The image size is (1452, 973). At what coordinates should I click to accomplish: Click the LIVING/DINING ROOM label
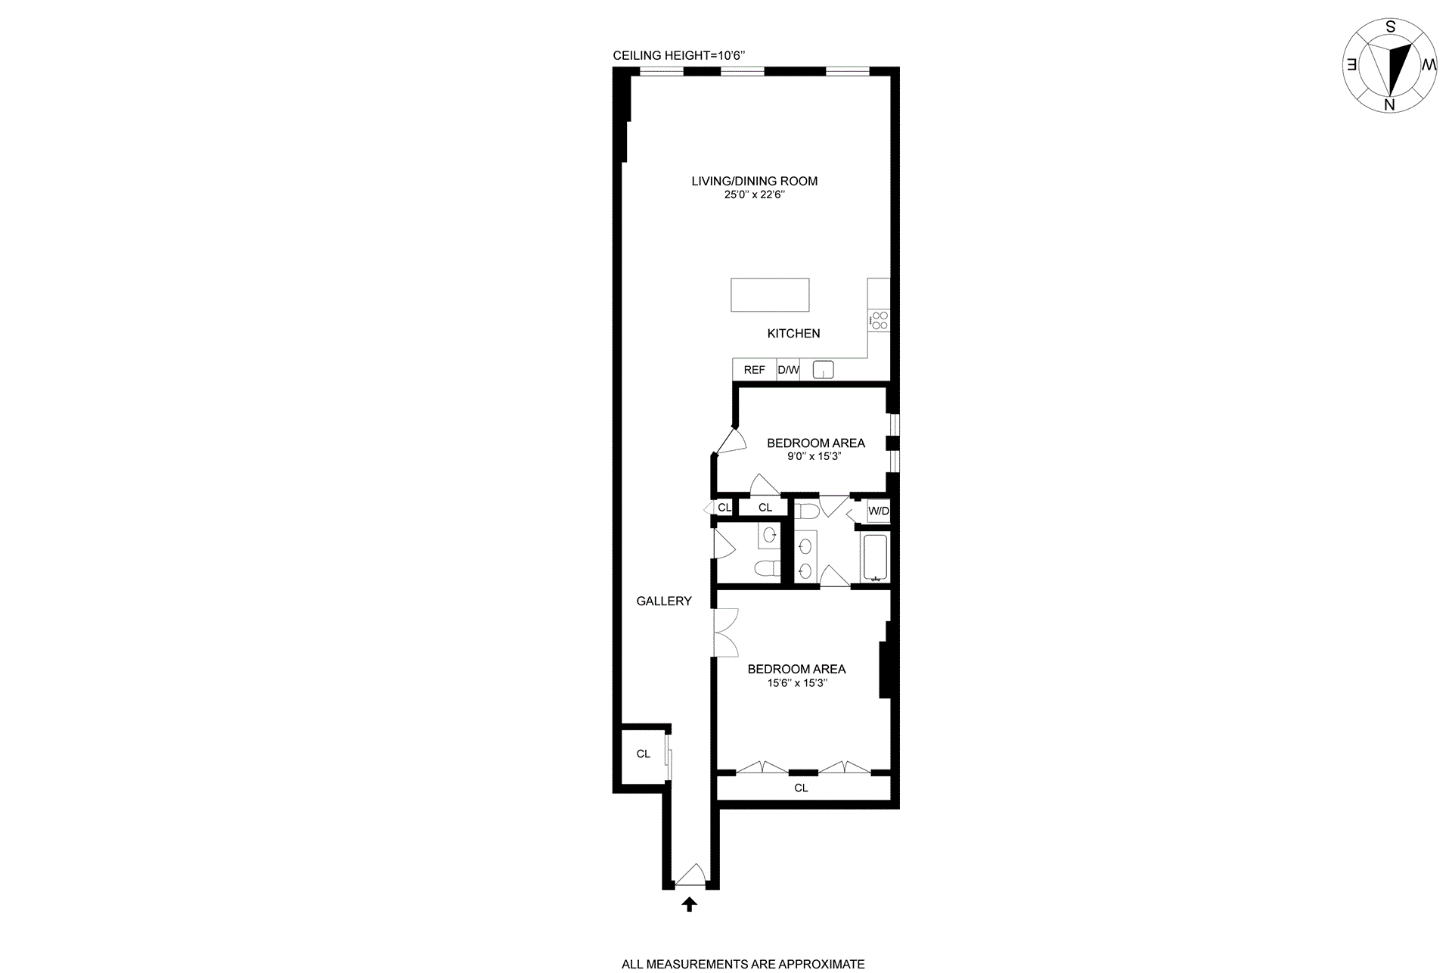pos(754,181)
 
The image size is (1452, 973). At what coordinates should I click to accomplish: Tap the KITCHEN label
pos(793,334)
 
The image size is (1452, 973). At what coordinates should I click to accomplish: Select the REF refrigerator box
pos(755,370)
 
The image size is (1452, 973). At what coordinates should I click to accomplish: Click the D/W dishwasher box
pos(788,370)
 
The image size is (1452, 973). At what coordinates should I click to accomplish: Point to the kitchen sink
pos(823,370)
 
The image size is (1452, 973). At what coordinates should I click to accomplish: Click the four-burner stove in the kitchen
pos(879,320)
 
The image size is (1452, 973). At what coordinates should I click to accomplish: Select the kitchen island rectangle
pos(770,295)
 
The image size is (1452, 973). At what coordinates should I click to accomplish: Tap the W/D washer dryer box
pos(879,511)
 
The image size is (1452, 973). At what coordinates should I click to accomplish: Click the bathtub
pos(876,558)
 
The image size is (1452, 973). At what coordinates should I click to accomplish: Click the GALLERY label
pos(664,602)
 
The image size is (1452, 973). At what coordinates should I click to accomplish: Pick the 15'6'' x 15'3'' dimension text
pos(797,683)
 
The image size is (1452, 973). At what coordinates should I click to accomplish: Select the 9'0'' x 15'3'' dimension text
pos(814,457)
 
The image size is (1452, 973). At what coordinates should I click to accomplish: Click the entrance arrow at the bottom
pos(689,904)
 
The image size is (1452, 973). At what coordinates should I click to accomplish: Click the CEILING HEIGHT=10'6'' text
pos(679,55)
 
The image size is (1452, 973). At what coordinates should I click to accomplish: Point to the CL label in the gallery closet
pos(644,754)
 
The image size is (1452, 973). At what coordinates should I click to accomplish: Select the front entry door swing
pos(690,876)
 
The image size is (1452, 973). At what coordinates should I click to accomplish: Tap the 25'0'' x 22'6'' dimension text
pos(754,194)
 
